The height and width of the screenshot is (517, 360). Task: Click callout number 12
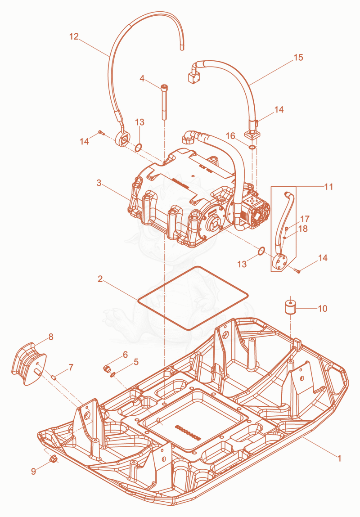coord(74,36)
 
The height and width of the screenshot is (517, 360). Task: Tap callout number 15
coord(298,58)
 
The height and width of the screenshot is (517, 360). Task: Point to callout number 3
coord(99,183)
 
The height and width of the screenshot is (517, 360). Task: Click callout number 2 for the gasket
coord(100,279)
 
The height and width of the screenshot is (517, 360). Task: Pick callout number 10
coord(322,308)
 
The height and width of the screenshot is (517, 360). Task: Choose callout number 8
coord(50,337)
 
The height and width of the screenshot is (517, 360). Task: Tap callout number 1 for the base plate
coord(339,459)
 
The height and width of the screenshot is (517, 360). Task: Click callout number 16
coord(230,136)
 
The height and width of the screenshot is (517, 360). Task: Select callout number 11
coord(328,187)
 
